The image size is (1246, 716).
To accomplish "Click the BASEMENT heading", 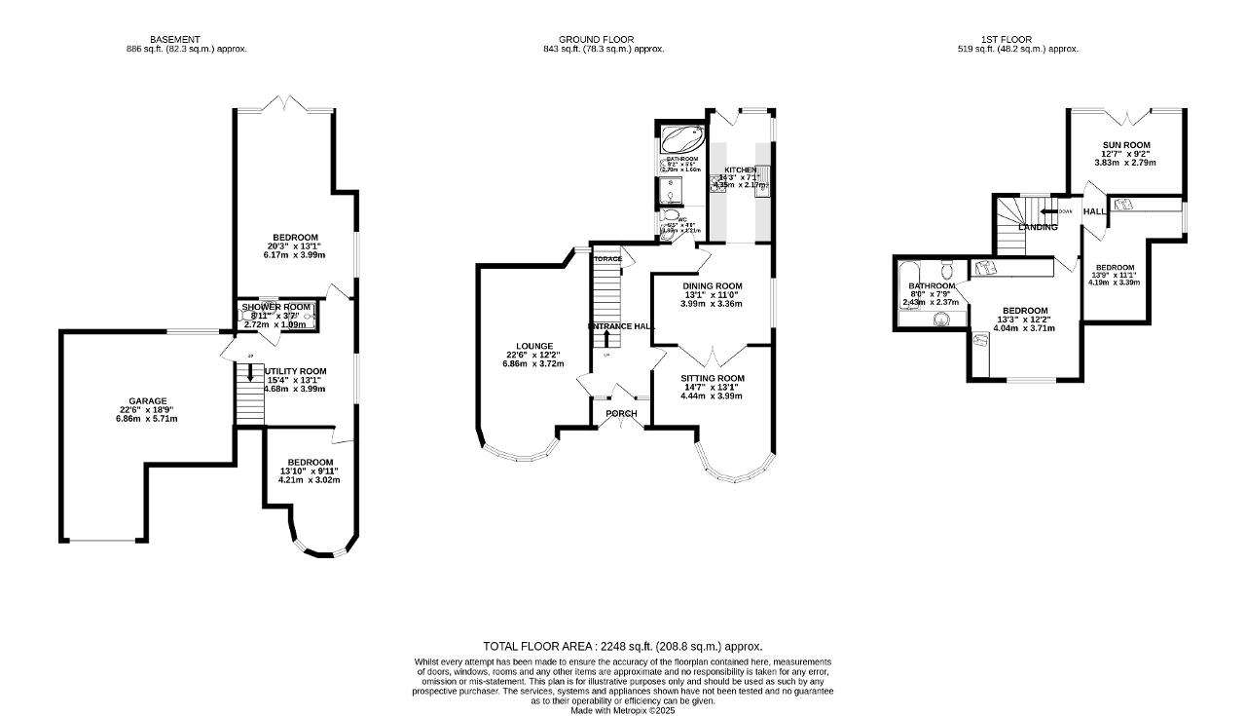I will [175, 40].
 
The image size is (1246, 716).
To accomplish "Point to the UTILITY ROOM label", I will [295, 371].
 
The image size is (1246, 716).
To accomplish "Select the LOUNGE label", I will [534, 346].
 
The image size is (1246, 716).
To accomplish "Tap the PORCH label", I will [621, 414].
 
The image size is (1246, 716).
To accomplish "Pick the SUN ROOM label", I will [1125, 144].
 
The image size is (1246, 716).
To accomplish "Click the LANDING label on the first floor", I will [1038, 227].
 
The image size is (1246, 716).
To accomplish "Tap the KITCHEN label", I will [740, 170].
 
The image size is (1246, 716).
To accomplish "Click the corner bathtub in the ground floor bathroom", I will [681, 137].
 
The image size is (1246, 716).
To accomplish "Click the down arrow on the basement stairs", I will [249, 373].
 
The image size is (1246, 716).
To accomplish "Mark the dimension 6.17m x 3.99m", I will [294, 255].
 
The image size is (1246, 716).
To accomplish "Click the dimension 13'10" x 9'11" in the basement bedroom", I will [309, 471].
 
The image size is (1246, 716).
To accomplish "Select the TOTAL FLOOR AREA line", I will [622, 646].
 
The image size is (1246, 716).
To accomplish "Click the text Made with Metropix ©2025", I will [622, 710].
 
